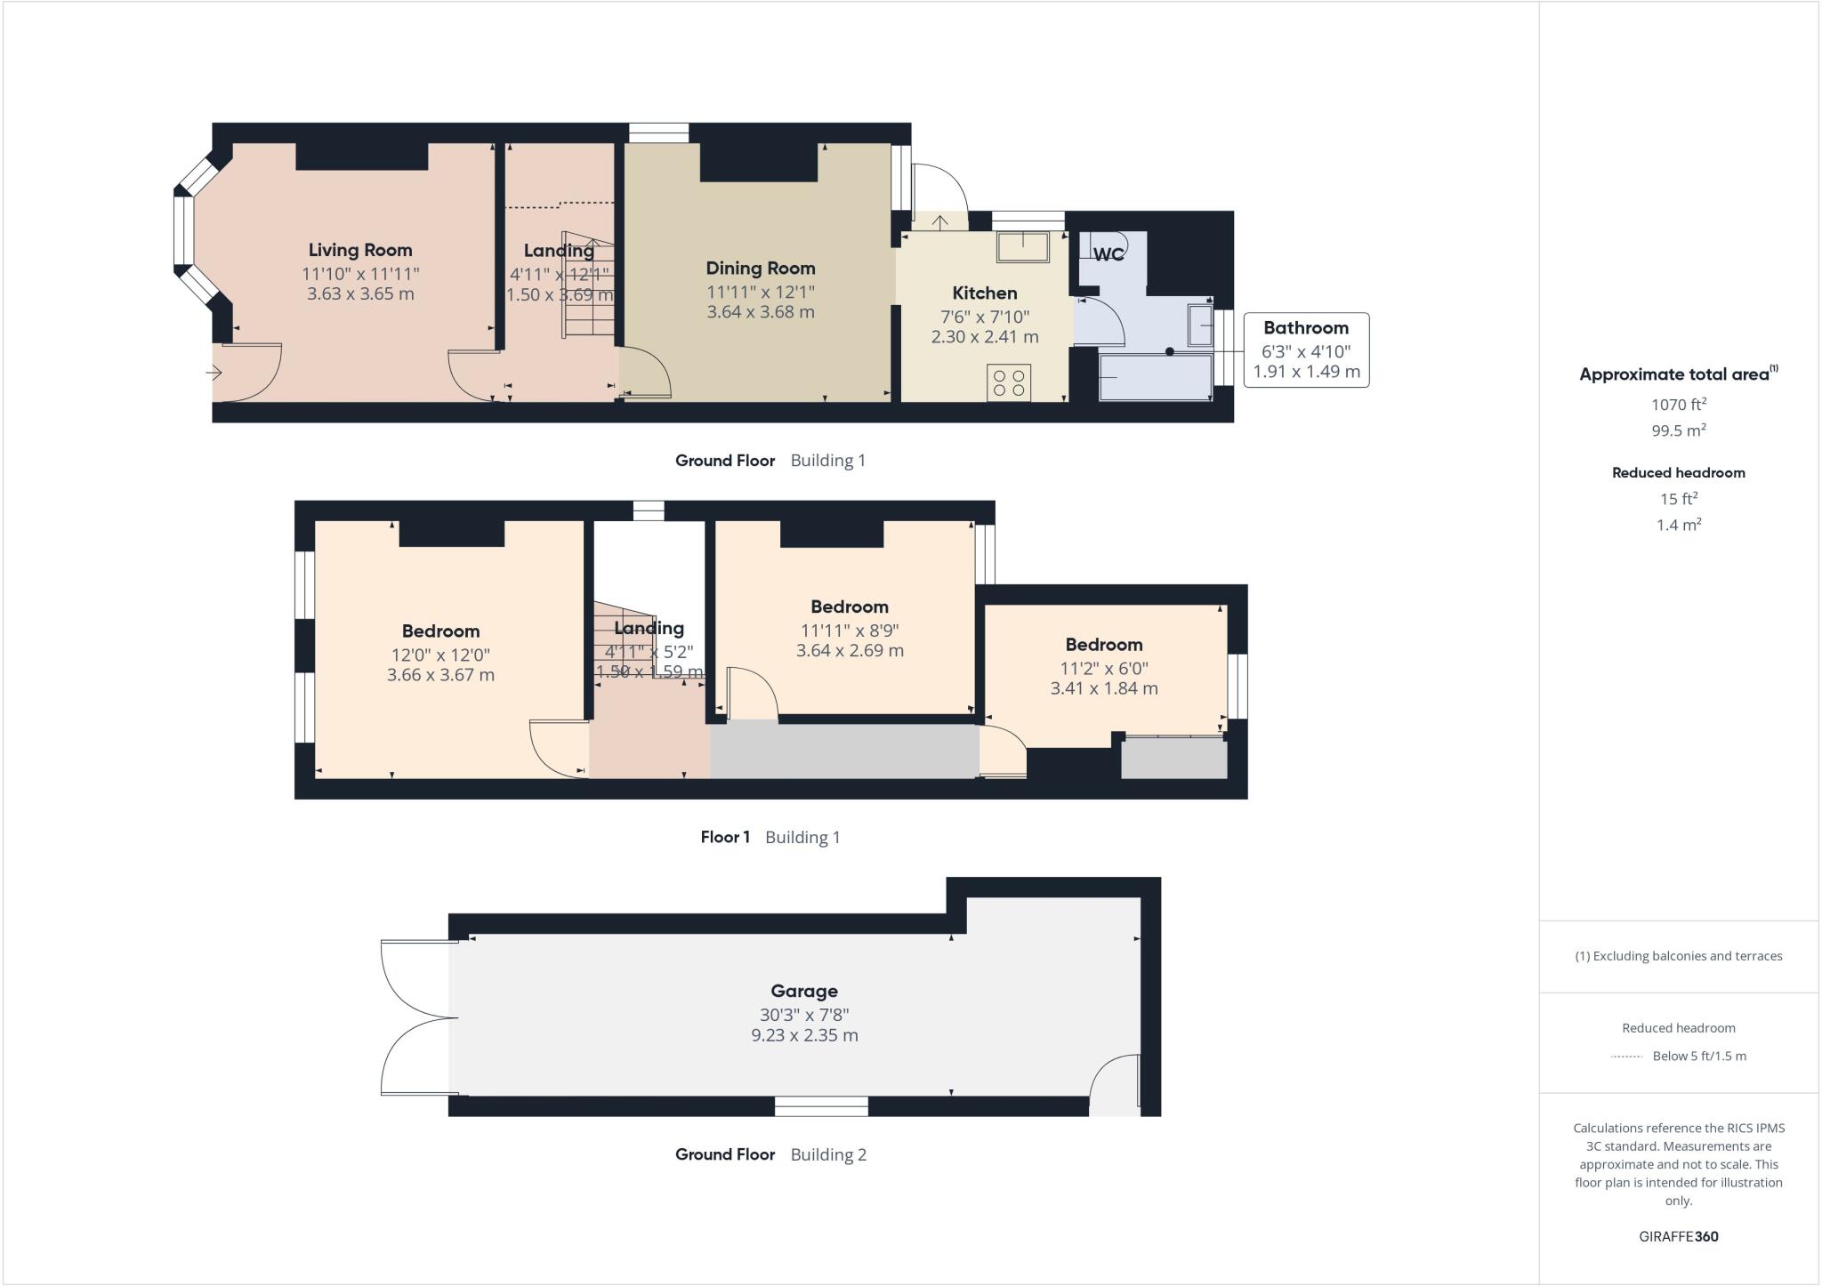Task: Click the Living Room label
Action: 360,250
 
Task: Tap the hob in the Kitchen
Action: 1009,382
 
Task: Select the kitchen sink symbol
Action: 1022,246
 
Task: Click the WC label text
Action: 1109,254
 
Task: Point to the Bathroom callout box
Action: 1306,350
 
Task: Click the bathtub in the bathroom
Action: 1155,377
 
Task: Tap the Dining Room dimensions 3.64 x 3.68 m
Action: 760,312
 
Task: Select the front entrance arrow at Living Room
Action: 214,373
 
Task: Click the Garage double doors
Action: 418,1018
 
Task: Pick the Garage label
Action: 804,991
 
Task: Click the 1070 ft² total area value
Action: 1678,405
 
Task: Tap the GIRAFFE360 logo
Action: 1678,1236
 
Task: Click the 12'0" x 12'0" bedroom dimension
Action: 440,655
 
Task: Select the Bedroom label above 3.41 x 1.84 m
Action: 1103,645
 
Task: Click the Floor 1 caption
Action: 725,837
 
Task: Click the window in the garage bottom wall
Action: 821,1106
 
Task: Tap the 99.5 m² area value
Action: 1678,430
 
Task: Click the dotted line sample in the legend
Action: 1626,1057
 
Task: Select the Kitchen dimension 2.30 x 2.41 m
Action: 984,337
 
